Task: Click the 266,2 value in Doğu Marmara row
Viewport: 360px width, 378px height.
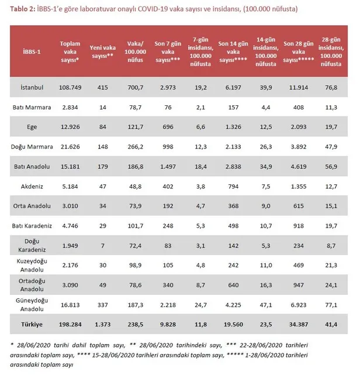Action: coord(136,146)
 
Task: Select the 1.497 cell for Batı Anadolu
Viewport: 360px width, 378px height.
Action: coord(169,167)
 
